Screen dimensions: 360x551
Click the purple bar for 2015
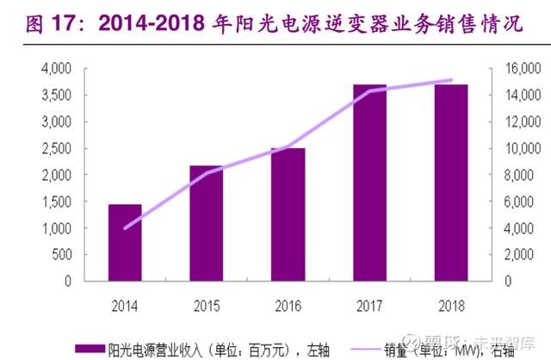[x=207, y=223]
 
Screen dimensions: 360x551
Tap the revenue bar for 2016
[x=288, y=214]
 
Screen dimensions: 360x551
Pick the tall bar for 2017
[x=369, y=183]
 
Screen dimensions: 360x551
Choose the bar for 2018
[x=450, y=183]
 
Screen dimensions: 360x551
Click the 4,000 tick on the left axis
[x=56, y=68]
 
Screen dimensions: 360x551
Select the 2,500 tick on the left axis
[x=56, y=148]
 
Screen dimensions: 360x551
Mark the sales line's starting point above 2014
[x=126, y=228]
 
